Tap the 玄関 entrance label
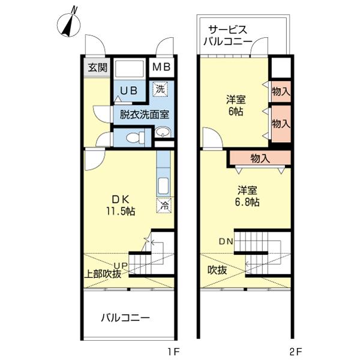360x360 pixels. click(98, 67)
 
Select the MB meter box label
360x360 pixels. click(161, 67)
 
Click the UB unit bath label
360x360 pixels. click(129, 91)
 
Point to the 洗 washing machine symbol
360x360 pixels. click(160, 89)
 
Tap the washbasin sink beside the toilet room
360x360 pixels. click(163, 132)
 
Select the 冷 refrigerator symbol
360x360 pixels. click(164, 206)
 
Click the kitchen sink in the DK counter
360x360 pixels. click(163, 186)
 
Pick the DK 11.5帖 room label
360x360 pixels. click(121, 205)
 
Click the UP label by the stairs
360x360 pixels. click(121, 266)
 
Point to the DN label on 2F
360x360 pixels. click(226, 241)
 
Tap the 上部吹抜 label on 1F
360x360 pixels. click(103, 274)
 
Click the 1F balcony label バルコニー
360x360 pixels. click(125, 318)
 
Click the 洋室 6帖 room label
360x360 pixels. click(236, 106)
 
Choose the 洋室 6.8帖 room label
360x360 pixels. click(247, 197)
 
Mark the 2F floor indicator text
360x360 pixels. click(296, 351)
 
